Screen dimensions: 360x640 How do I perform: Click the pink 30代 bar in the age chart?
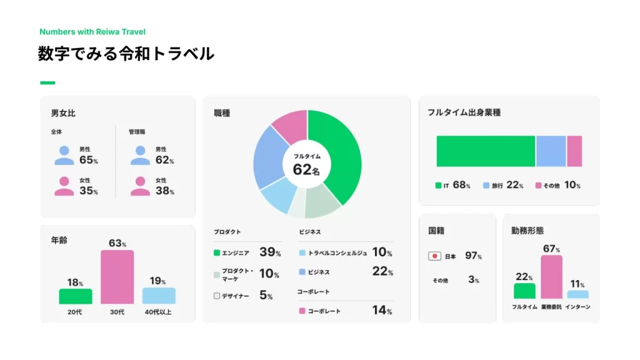tap(117, 277)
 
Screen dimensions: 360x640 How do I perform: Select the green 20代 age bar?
tap(76, 296)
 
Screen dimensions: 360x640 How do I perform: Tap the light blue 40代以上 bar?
tap(159, 296)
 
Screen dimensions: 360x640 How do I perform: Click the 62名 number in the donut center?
tap(306, 169)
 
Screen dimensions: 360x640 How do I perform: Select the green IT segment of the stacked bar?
tap(486, 151)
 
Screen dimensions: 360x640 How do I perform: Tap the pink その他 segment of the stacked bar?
tap(574, 151)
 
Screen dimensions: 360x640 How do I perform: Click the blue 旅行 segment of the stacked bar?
tap(551, 151)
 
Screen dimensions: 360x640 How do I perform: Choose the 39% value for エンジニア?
tap(269, 252)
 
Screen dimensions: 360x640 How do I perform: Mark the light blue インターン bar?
tap(577, 294)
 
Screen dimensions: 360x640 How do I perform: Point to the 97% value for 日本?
tap(473, 256)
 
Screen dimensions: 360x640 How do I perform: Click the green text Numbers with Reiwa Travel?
tap(92, 31)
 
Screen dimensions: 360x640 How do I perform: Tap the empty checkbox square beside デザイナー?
tap(217, 296)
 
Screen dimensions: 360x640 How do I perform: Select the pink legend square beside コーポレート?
tap(302, 311)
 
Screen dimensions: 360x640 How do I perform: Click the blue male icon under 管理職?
tap(140, 156)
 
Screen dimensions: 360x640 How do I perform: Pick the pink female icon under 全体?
tap(64, 186)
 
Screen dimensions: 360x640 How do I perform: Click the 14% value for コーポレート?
tap(381, 310)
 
